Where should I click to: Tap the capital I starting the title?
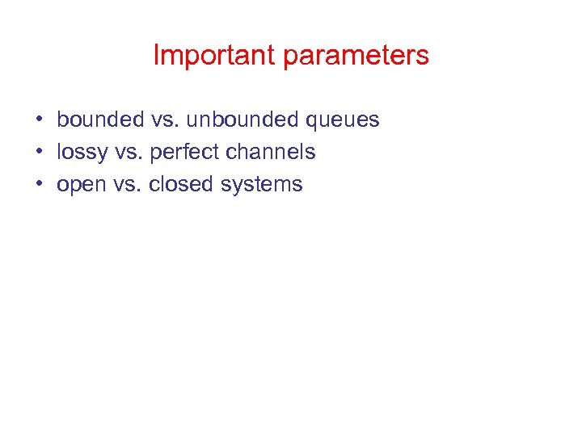tap(156, 56)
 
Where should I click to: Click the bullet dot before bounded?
tap(39, 120)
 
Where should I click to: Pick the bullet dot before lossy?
tap(39, 153)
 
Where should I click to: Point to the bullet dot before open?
tap(39, 185)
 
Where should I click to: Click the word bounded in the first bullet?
tap(100, 120)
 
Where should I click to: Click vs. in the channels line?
tap(128, 153)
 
